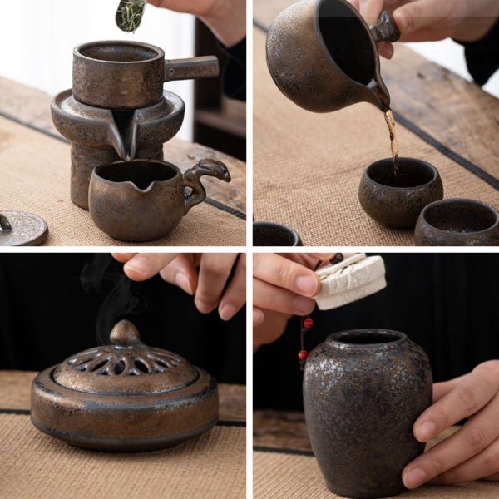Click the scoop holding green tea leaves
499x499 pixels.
tap(130, 15)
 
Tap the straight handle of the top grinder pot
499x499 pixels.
tap(191, 67)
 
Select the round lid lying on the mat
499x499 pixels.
tap(22, 227)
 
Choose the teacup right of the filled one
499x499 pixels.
tap(457, 220)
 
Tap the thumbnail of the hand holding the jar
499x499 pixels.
tap(413, 477)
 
